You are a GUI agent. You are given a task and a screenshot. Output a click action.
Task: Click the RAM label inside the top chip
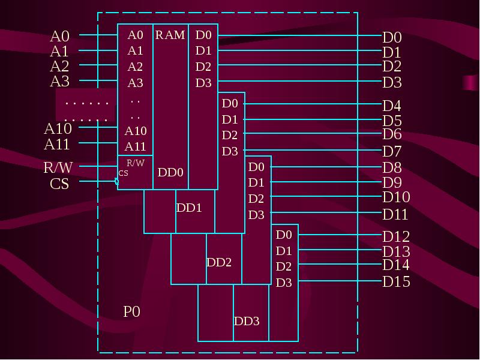pos(170,35)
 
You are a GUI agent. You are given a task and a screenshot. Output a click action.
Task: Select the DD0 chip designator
pos(170,173)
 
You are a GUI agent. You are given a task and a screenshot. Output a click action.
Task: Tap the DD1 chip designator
pos(189,208)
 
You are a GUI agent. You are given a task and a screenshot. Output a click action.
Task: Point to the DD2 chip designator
pos(219,262)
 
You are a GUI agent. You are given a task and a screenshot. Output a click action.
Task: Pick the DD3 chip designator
pos(247,321)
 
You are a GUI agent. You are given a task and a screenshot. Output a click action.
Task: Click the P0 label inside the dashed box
pos(131,311)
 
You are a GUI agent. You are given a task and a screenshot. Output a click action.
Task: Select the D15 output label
pos(396,281)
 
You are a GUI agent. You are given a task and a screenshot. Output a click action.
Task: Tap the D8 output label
pos(392,167)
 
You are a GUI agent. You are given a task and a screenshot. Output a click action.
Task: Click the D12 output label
pos(396,236)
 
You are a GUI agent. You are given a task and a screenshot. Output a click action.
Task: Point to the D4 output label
pos(392,106)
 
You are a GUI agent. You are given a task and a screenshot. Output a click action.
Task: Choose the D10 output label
pos(396,197)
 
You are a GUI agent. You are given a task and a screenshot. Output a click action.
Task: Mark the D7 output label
pos(392,151)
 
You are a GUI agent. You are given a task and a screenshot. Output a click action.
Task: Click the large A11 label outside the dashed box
pos(57,144)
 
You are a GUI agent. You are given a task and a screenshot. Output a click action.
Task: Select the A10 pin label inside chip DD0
pos(136,131)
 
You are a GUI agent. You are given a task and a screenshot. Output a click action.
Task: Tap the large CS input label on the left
pos(59,184)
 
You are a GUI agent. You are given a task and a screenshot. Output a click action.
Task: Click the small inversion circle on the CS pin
pos(116,181)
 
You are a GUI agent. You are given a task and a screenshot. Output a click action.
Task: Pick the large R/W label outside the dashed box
pos(58,167)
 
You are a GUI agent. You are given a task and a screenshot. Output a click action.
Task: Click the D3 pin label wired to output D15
pos(284,283)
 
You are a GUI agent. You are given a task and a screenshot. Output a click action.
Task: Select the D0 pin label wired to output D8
pos(256,167)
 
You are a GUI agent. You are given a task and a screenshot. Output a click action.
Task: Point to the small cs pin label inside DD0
pos(123,173)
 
